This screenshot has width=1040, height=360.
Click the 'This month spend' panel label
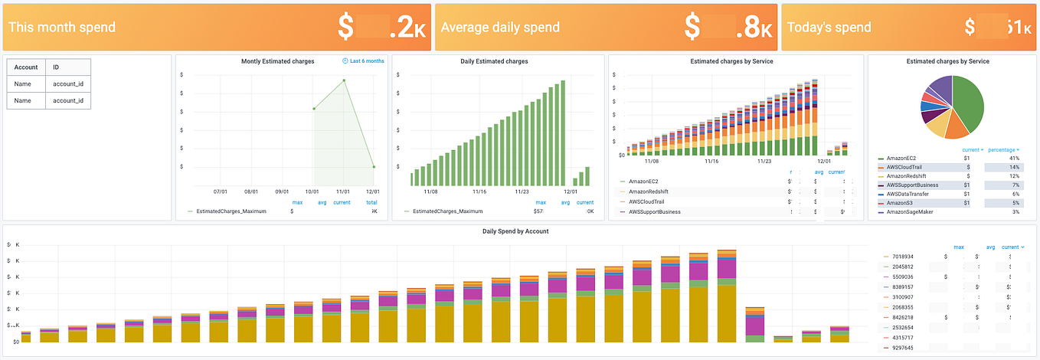[x=62, y=27]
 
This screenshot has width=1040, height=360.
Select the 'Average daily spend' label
[x=500, y=27]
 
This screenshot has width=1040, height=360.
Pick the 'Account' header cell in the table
[x=26, y=67]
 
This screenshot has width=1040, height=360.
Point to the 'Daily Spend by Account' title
[x=515, y=231]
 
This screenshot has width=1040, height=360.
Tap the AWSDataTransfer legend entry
[x=911, y=194]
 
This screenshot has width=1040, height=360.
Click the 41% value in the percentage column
[x=1014, y=157]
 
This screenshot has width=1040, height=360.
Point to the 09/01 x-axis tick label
[x=283, y=191]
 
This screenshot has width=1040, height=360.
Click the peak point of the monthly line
[x=344, y=80]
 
